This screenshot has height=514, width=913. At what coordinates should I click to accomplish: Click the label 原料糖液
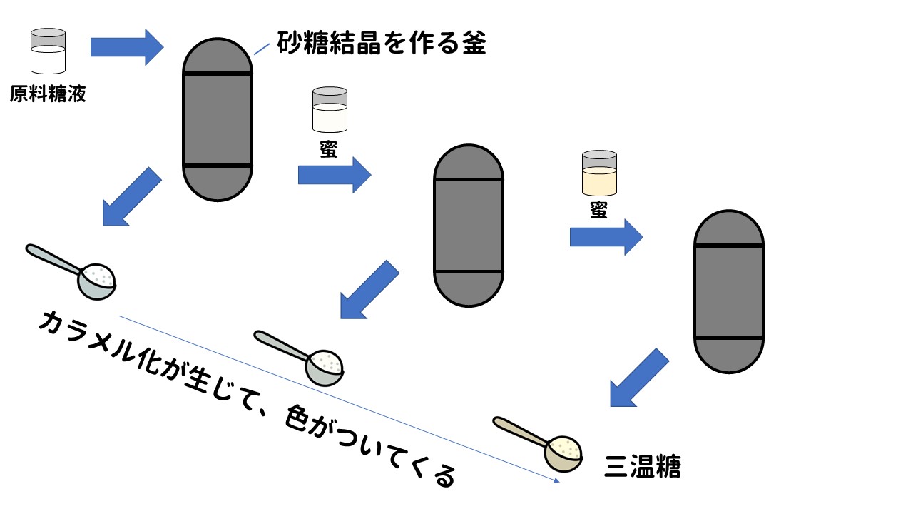(x=48, y=94)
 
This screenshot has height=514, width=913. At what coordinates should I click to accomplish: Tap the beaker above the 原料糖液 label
(x=49, y=51)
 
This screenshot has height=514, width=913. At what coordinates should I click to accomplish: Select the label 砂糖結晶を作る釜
(x=381, y=44)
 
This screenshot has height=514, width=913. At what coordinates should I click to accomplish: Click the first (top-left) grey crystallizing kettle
(x=218, y=119)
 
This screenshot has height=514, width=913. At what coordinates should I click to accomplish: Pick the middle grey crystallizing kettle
(x=469, y=226)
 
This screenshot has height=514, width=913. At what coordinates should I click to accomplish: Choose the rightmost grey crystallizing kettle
(x=729, y=291)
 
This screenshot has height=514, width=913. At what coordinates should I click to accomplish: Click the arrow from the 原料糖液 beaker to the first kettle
(x=127, y=47)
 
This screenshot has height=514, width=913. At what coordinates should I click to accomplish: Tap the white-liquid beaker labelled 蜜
(x=330, y=109)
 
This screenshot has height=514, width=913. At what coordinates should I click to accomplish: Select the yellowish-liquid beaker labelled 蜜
(x=599, y=173)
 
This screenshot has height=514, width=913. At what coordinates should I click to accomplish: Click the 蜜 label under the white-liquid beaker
(x=329, y=151)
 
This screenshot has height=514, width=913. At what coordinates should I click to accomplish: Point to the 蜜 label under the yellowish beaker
(x=598, y=211)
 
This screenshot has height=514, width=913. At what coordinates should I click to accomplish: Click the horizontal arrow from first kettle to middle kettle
(x=334, y=175)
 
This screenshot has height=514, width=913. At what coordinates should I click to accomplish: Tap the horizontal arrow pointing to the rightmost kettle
(x=606, y=237)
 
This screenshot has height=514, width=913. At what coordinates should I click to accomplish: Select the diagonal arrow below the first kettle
(x=131, y=197)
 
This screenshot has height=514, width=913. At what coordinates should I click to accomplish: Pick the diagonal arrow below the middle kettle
(x=368, y=289)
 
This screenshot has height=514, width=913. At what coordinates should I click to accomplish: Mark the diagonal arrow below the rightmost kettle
(x=638, y=378)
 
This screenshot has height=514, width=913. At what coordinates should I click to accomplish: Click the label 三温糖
(x=642, y=467)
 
